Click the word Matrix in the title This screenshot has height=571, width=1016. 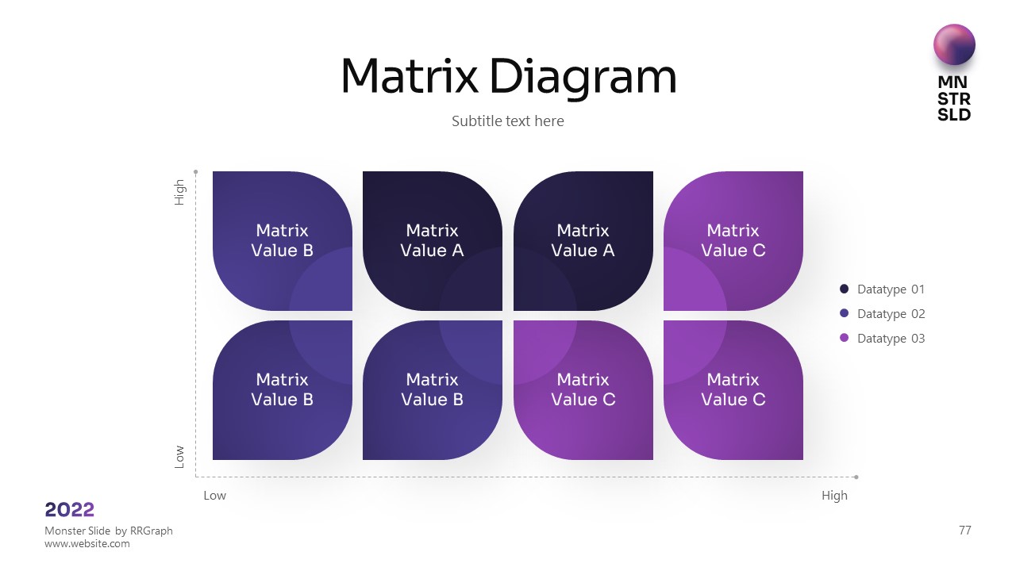[x=409, y=77]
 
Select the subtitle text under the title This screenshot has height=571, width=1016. [x=508, y=121]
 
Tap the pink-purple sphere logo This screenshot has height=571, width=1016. [x=954, y=44]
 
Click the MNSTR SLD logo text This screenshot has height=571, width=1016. [x=954, y=98]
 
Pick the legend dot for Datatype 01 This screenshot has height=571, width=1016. [x=844, y=289]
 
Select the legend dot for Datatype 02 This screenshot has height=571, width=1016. [x=844, y=314]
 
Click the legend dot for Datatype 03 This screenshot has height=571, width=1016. [x=844, y=339]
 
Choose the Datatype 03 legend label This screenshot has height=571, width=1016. [x=891, y=339]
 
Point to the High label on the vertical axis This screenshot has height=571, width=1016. [x=180, y=193]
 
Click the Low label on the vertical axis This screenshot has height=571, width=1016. [x=180, y=456]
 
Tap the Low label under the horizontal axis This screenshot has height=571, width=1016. [x=214, y=496]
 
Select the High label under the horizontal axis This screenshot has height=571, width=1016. [x=834, y=496]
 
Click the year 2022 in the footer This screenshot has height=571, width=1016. [x=70, y=510]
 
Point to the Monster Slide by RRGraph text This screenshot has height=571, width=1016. [x=109, y=531]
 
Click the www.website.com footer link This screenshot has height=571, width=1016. [x=87, y=544]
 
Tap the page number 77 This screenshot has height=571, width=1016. [x=964, y=531]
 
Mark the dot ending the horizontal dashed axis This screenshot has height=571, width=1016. [x=856, y=477]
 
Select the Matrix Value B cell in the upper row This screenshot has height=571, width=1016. [x=282, y=240]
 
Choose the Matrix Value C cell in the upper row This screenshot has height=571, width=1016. [x=733, y=240]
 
